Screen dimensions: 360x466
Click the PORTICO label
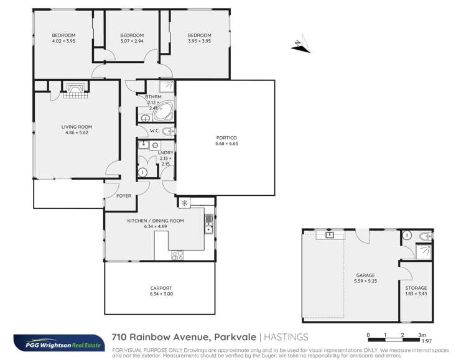click(x=225, y=137)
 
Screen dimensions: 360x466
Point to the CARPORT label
click(x=161, y=288)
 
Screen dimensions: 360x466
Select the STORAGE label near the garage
click(x=416, y=288)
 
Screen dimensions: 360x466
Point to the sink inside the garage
click(x=329, y=235)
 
